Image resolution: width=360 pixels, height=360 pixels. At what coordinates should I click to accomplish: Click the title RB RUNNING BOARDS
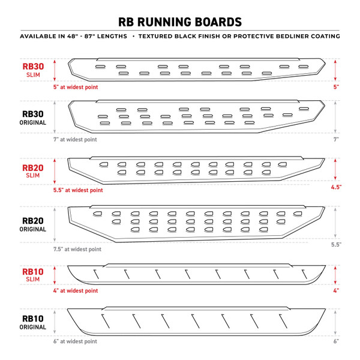(x=180, y=22)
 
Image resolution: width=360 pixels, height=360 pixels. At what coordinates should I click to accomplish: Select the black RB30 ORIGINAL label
(x=34, y=118)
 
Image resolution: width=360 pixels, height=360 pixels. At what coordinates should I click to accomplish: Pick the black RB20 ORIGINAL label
(x=34, y=224)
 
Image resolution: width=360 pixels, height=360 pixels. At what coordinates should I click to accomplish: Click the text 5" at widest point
(x=76, y=88)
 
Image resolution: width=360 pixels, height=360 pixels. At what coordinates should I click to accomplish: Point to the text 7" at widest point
(x=76, y=139)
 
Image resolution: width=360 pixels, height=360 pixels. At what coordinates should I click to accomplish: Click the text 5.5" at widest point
(x=78, y=190)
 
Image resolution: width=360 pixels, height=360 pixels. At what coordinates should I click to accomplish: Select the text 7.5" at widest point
(x=78, y=248)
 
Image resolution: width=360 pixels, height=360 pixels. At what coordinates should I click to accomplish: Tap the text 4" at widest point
(x=76, y=291)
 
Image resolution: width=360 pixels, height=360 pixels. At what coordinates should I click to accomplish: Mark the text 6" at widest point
(x=76, y=342)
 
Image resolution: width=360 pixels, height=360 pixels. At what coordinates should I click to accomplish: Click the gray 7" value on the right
(x=337, y=139)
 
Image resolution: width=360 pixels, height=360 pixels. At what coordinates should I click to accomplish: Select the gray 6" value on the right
(x=337, y=342)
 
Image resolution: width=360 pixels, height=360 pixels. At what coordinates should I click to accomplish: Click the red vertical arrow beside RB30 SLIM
(x=55, y=70)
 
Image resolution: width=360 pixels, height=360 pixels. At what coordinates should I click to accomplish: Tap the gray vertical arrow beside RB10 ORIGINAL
(x=55, y=323)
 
